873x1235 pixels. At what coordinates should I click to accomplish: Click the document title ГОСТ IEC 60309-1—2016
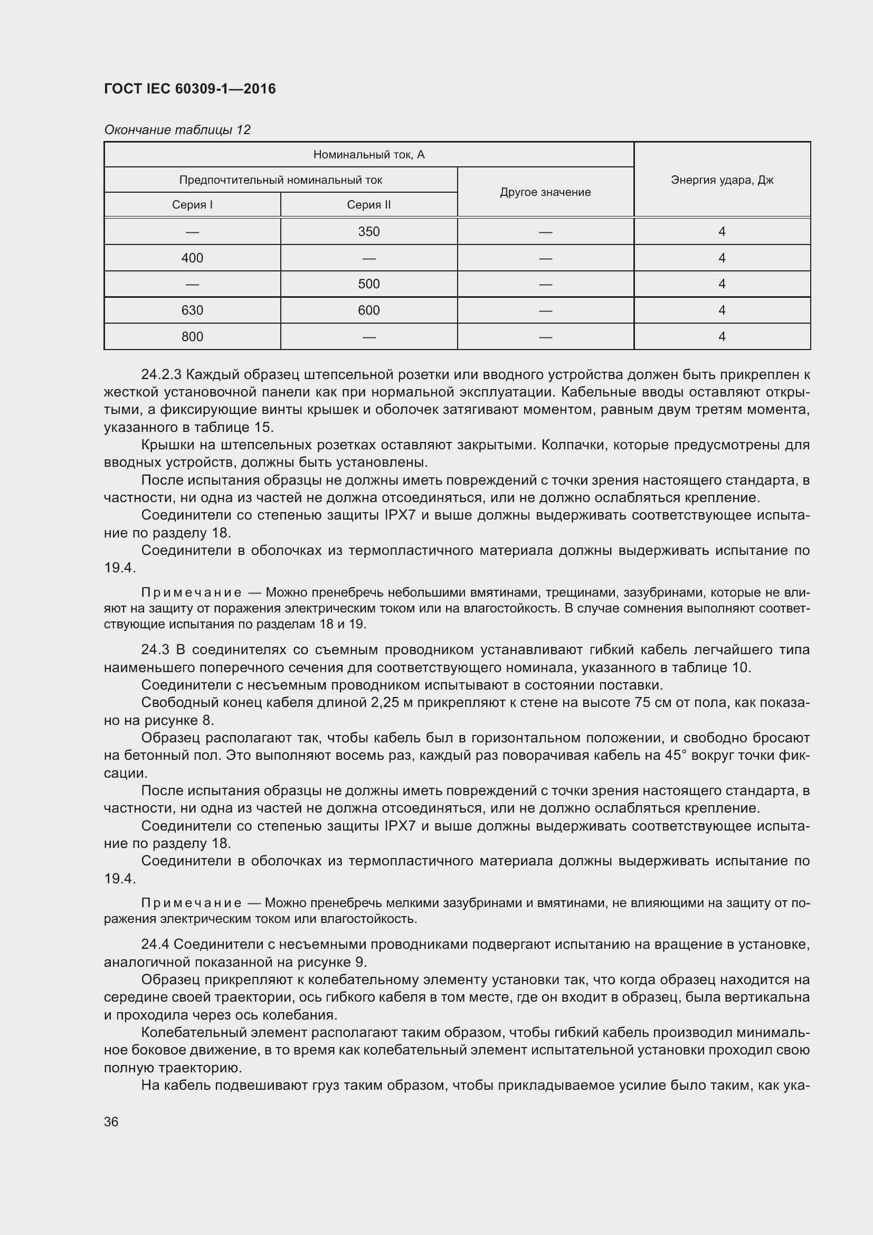(190, 89)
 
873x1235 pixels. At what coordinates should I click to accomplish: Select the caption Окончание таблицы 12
(177, 130)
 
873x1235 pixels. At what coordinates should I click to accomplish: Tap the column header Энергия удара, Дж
(722, 180)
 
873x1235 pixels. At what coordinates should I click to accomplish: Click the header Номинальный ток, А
(369, 155)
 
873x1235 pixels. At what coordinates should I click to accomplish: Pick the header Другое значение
(545, 192)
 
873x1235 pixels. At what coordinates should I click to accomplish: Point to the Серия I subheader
(192, 204)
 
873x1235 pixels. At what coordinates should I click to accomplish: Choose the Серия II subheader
(369, 204)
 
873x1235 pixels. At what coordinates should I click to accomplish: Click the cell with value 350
(369, 231)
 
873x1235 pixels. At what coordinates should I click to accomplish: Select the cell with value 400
(192, 258)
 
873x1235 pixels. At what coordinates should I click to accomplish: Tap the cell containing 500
(369, 284)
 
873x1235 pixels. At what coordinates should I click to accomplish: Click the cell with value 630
(192, 310)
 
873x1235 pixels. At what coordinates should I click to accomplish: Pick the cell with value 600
(369, 310)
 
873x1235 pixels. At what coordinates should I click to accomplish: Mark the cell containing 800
(192, 336)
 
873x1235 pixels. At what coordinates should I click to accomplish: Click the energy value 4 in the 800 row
(722, 336)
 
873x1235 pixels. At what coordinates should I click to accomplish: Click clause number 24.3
(155, 650)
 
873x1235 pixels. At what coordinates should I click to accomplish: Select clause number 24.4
(155, 944)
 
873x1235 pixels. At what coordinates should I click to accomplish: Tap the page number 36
(111, 1121)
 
